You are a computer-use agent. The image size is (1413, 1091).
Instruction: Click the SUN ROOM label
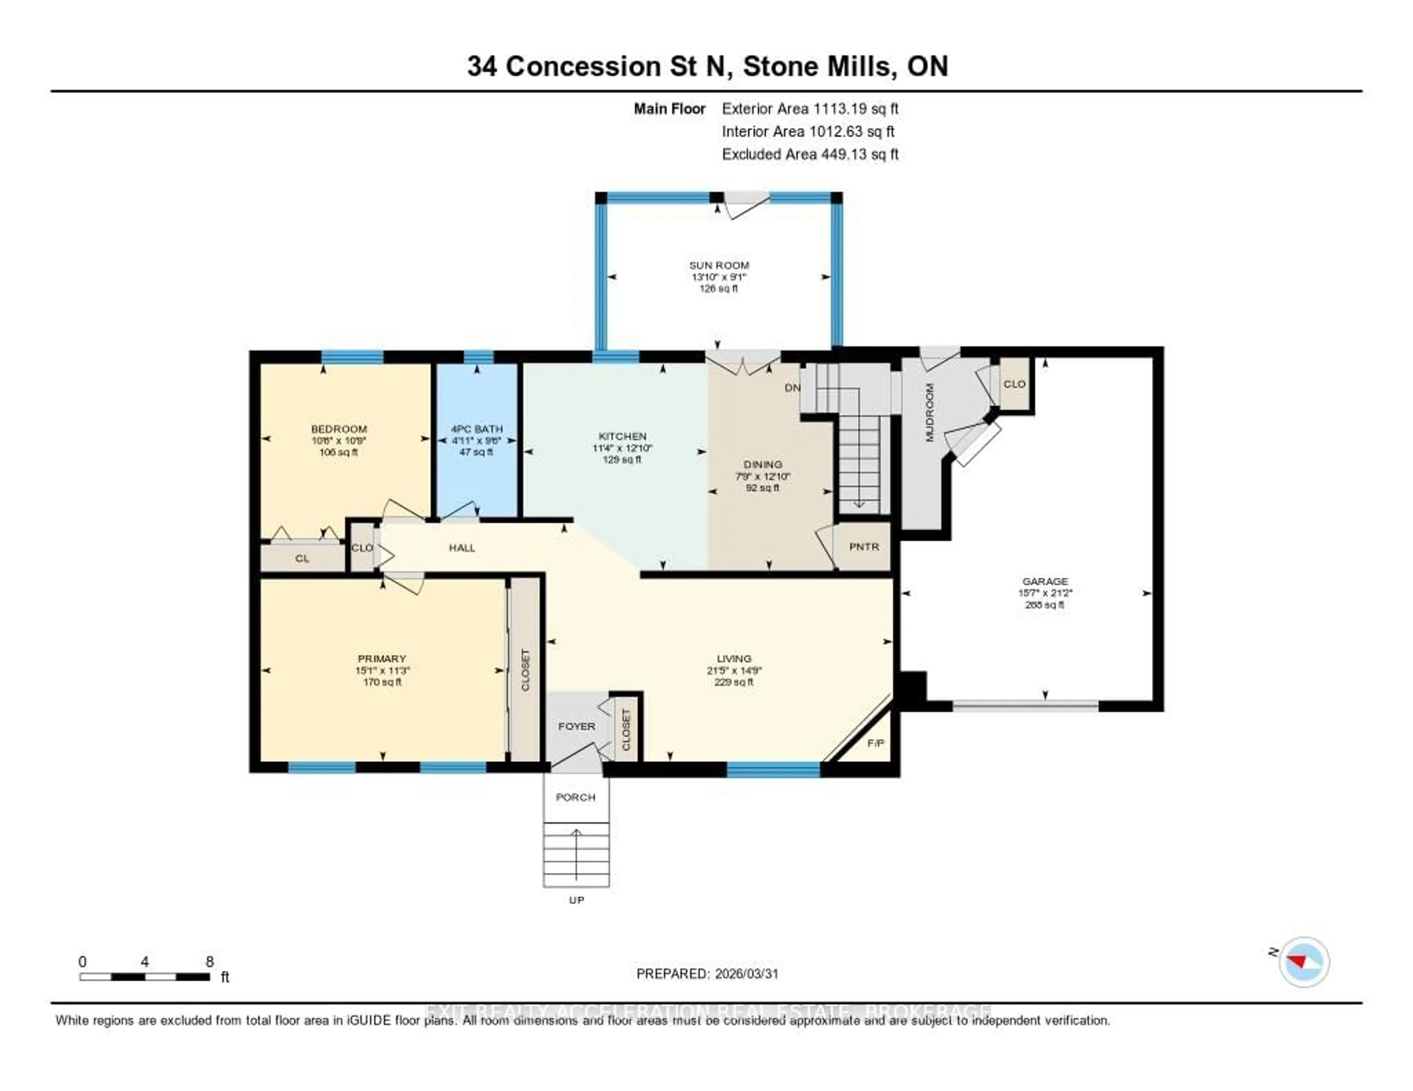(x=719, y=265)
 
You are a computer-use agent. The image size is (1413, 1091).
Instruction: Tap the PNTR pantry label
(x=864, y=547)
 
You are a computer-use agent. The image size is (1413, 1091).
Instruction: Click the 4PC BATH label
(x=477, y=429)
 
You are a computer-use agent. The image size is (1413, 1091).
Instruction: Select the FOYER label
(x=577, y=726)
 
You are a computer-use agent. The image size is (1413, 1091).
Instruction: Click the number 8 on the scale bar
(x=210, y=962)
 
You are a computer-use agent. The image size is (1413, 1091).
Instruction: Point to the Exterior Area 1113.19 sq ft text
(x=810, y=109)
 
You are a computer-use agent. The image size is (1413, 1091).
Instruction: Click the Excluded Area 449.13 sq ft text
(x=810, y=154)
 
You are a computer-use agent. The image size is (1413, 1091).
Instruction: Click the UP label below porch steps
(x=577, y=900)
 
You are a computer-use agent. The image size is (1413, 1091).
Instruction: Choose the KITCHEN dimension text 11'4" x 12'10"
(x=622, y=448)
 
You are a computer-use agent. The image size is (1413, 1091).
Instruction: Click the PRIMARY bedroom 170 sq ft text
(x=382, y=682)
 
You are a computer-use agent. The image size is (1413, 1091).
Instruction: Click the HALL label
(x=462, y=548)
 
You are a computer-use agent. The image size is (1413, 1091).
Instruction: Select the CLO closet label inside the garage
(x=1014, y=384)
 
